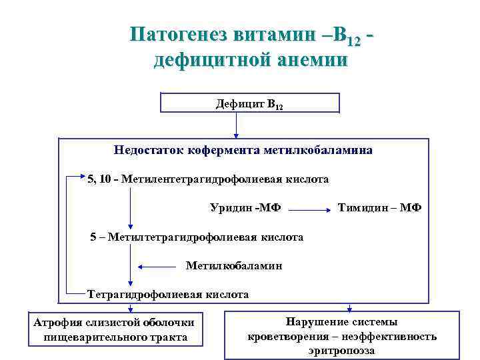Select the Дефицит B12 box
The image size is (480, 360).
pyautogui.click(x=250, y=103)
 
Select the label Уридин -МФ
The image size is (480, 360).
pyautogui.click(x=245, y=207)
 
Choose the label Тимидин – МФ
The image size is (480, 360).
pyautogui.click(x=379, y=207)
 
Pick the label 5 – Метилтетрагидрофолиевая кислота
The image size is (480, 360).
pyautogui.click(x=197, y=237)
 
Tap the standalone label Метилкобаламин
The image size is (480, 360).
pyautogui.click(x=234, y=266)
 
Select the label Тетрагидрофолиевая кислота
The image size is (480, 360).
pyautogui.click(x=168, y=294)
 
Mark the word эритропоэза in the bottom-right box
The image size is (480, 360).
pyautogui.click(x=342, y=350)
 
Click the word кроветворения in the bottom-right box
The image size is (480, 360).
pyautogui.click(x=281, y=337)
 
